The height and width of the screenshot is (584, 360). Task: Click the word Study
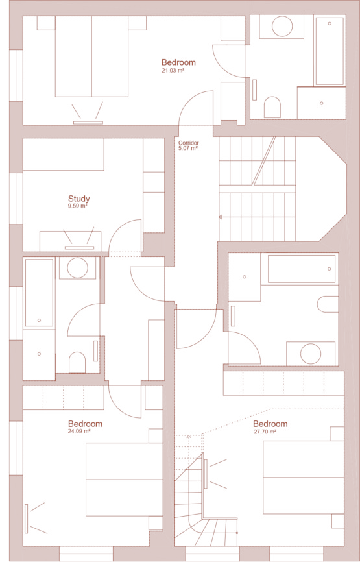tap(78, 199)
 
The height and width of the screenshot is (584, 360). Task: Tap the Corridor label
tap(188, 143)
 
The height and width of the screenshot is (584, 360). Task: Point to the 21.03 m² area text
tap(173, 70)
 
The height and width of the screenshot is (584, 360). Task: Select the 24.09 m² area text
tap(79, 432)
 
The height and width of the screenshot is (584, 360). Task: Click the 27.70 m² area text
tap(265, 432)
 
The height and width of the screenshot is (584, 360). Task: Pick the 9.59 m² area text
tap(77, 206)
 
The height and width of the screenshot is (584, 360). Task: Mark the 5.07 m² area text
tap(188, 148)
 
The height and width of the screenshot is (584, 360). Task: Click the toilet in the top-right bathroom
tap(272, 107)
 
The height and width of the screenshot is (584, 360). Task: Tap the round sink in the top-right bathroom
tap(282, 27)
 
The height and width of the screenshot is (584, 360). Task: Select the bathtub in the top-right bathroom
tap(330, 51)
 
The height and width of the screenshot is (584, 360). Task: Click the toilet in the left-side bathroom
tap(77, 362)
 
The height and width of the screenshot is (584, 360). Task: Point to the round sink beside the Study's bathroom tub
tap(77, 268)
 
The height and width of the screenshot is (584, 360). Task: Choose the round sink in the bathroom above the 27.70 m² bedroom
tap(311, 354)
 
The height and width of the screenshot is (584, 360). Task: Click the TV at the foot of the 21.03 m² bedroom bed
tap(88, 122)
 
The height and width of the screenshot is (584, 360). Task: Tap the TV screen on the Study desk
tap(79, 248)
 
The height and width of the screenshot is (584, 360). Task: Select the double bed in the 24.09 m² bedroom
tap(125, 480)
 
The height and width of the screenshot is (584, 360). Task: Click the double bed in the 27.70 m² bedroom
tap(304, 477)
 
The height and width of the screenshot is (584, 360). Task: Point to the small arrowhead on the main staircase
tap(221, 217)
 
